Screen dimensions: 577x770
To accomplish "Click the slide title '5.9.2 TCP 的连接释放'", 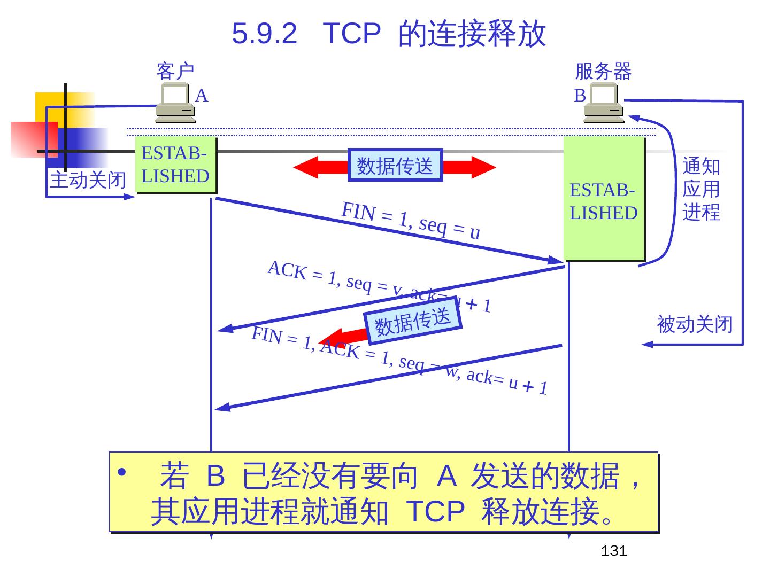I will [389, 33].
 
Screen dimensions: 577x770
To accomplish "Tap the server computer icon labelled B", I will [604, 104].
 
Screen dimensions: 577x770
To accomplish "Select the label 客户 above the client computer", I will [175, 71].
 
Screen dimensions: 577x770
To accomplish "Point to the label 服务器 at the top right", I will [603, 71].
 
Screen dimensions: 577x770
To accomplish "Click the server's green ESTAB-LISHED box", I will [604, 199].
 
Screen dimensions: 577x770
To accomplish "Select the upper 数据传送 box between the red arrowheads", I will [395, 165].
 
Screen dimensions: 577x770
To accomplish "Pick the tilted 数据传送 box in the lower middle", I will [412, 322].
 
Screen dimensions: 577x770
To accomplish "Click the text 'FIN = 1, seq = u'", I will [411, 220].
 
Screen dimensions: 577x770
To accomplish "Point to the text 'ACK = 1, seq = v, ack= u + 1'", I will [379, 286].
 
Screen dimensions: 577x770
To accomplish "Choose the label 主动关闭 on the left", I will [88, 180].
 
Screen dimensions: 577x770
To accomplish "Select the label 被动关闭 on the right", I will [694, 324].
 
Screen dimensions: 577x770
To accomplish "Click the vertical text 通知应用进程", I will [701, 189].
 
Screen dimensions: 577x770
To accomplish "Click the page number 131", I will [613, 551].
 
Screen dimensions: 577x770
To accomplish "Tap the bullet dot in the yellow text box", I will [122, 472].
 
